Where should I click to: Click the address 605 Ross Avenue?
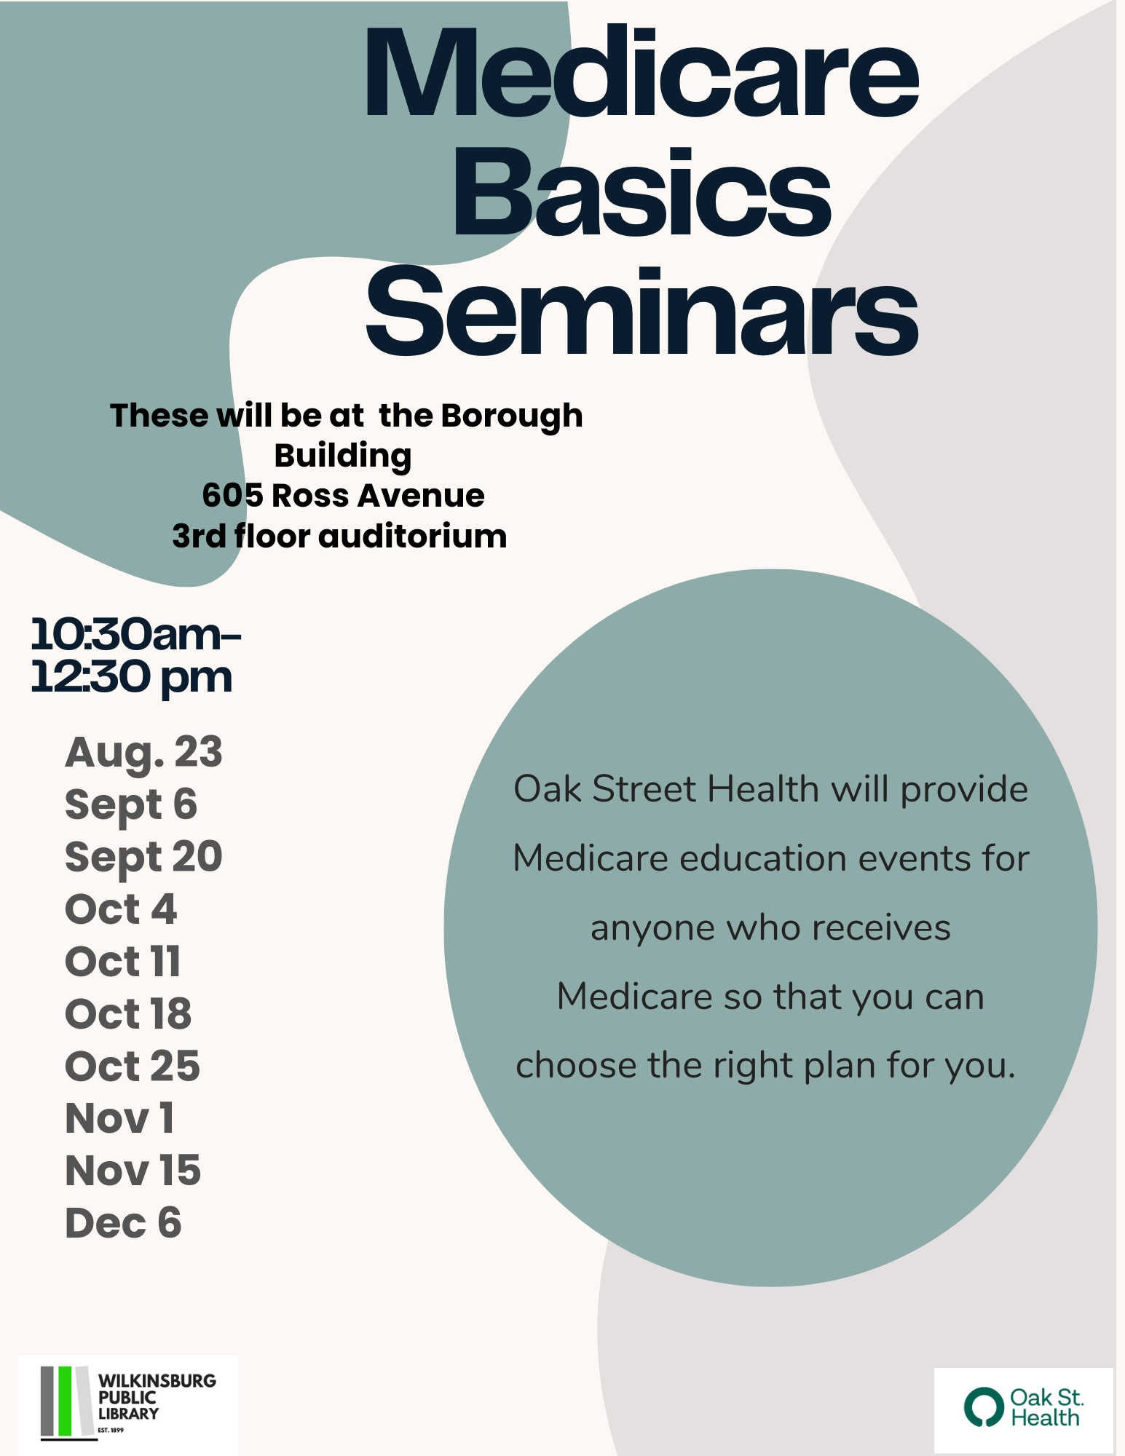(343, 496)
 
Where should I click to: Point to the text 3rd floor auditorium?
(339, 537)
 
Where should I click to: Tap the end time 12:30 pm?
(131, 678)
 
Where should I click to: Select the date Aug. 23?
(143, 753)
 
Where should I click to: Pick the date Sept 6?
(131, 805)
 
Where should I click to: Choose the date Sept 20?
(143, 858)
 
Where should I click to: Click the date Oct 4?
(121, 909)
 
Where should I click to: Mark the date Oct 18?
(128, 1014)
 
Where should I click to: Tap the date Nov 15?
(133, 1171)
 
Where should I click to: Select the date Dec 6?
(123, 1223)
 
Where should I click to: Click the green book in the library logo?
(66, 1401)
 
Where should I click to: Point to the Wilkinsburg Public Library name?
(157, 1397)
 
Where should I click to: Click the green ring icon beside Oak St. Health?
(984, 1406)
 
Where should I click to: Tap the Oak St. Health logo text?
(1046, 1407)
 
